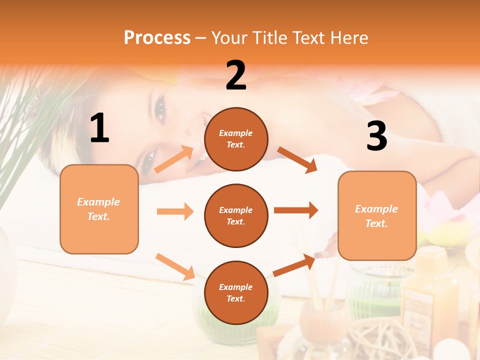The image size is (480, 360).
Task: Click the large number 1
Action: [99, 128]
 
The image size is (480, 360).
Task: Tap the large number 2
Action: [236, 75]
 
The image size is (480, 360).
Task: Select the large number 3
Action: [376, 136]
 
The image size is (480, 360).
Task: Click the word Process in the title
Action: [157, 37]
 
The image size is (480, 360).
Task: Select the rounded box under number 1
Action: [99, 209]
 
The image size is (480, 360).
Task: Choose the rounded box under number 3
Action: [377, 215]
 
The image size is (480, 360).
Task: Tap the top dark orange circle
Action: [236, 139]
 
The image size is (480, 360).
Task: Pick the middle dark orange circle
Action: [236, 215]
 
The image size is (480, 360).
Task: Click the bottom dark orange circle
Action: [236, 292]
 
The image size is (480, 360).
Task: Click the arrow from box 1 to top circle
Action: [174, 159]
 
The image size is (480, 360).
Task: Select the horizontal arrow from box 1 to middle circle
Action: [175, 211]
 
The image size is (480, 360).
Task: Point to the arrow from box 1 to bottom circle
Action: [175, 266]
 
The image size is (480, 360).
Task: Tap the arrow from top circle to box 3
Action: [297, 159]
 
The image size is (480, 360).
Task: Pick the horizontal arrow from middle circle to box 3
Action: [296, 210]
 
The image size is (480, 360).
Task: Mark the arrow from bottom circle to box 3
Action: [294, 265]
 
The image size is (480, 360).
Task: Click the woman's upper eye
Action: [160, 108]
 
